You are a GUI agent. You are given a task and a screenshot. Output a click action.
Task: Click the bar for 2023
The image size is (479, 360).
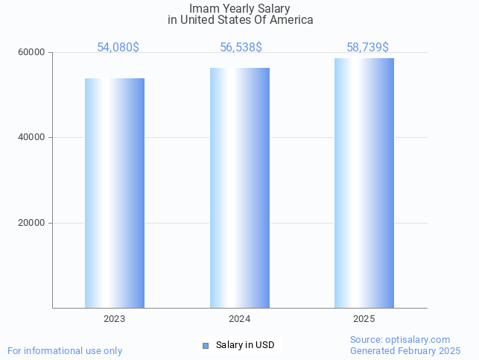115,193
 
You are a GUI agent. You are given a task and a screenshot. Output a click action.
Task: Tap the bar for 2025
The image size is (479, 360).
364,183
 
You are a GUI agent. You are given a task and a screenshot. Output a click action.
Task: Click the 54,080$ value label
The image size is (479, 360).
118,48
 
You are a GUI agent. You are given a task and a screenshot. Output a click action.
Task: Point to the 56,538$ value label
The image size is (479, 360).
241,48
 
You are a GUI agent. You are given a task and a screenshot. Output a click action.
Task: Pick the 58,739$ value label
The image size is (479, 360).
367,48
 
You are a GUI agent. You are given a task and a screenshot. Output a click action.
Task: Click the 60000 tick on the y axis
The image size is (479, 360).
32,53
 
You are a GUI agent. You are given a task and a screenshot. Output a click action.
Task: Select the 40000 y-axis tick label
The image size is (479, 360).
32,138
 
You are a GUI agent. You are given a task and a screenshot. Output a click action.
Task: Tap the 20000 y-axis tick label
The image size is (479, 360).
32,223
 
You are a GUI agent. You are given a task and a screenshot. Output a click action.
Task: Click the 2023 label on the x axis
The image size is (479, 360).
115,319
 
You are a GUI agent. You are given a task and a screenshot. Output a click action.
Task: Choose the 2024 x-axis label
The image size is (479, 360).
240,319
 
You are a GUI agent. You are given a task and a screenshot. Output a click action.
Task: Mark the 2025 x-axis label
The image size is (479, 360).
364,319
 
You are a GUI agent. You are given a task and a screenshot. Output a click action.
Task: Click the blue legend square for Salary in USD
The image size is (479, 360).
206,345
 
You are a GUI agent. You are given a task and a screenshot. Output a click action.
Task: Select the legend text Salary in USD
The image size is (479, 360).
245,345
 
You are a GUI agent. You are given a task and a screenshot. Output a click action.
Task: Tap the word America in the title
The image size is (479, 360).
291,20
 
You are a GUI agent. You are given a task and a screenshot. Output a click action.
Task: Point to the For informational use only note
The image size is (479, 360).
65,350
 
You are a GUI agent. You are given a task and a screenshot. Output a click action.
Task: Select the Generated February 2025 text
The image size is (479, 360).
405,350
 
